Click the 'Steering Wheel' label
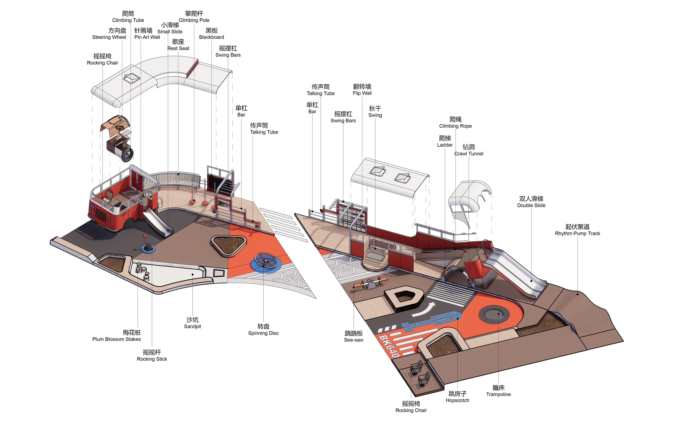(x=109, y=37)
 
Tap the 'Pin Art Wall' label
(x=147, y=37)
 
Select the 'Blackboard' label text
(x=211, y=37)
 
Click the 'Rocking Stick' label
(x=152, y=359)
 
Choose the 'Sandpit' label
(x=192, y=326)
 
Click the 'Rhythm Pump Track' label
(x=577, y=233)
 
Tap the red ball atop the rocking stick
(x=145, y=236)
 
